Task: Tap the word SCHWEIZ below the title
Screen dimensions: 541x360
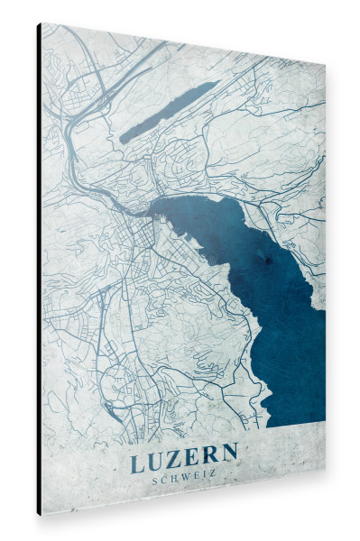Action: pos(184,479)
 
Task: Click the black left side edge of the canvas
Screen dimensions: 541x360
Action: pos(39,270)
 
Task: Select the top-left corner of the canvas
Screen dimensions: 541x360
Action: pos(41,24)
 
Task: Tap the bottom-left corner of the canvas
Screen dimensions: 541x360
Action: pos(41,514)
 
